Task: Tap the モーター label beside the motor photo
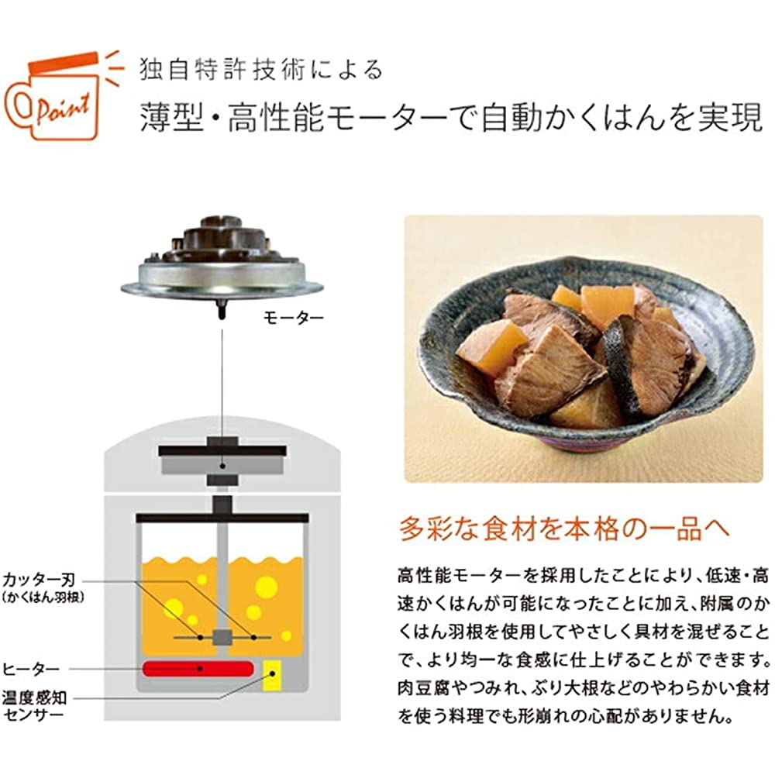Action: coord(293,317)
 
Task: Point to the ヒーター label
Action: coord(31,670)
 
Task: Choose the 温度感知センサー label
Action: coord(34,706)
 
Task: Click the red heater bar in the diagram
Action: coord(198,669)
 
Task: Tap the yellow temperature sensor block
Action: coord(272,675)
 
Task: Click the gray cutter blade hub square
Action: coord(222,638)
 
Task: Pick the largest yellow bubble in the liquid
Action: coord(266,587)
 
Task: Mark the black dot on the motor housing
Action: coord(222,466)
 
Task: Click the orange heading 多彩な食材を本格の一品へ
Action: coord(563,529)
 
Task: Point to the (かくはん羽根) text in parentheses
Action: coord(43,598)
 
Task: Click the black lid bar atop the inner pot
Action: coord(222,518)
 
